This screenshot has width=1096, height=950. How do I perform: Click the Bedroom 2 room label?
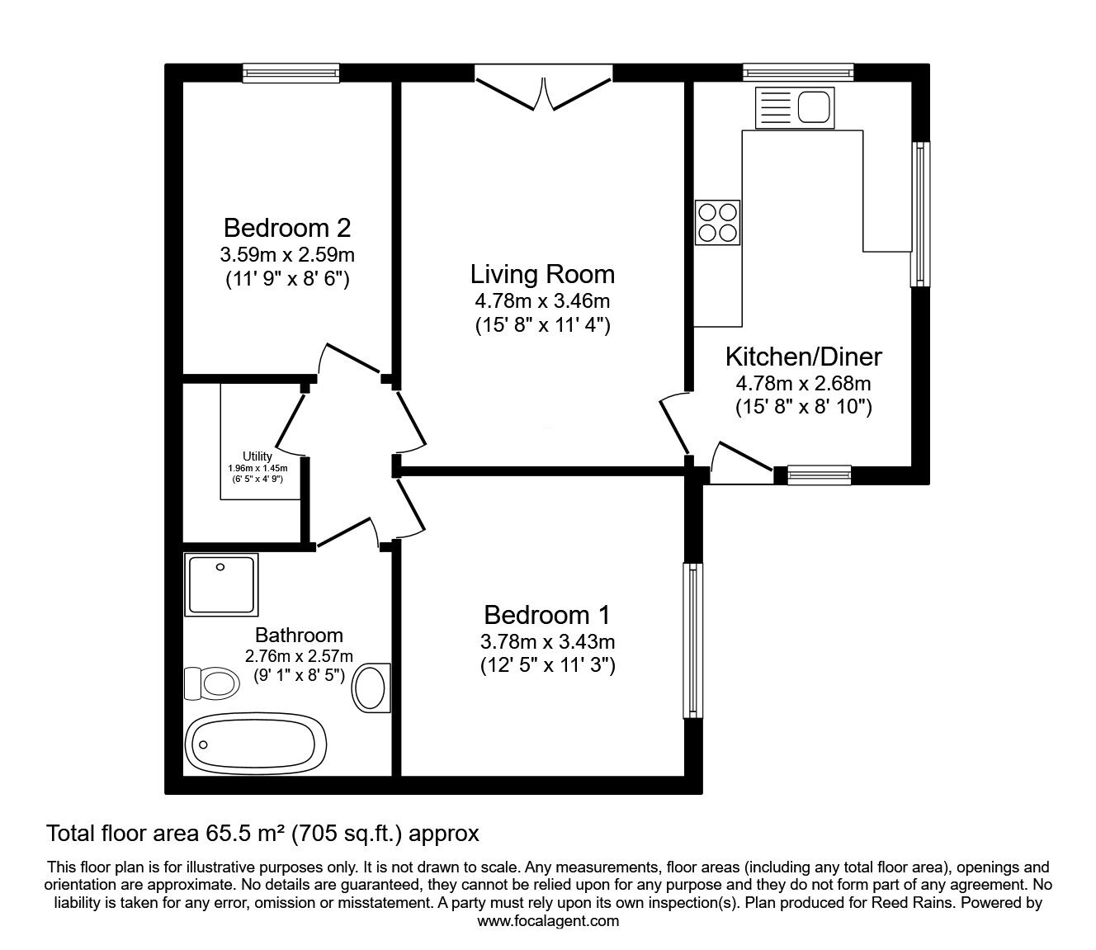[287, 227]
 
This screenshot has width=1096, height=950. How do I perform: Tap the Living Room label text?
[542, 274]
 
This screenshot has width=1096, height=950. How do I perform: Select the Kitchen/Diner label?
[803, 357]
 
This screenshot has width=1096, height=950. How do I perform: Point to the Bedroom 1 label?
[547, 615]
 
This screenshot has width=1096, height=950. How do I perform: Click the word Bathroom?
[299, 636]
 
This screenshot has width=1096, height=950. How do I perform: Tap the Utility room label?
[257, 456]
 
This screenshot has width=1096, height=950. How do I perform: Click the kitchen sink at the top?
[795, 107]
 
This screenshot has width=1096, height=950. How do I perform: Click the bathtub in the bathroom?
[257, 742]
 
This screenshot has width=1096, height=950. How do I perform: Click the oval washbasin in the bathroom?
[371, 687]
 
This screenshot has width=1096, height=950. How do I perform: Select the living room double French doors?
[543, 89]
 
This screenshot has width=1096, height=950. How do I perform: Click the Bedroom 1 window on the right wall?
[692, 640]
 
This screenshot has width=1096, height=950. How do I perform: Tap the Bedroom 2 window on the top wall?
[291, 74]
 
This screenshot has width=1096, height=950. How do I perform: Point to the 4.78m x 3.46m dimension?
[542, 300]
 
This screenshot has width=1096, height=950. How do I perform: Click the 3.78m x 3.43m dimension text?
[547, 641]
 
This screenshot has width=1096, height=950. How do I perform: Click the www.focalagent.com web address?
[548, 920]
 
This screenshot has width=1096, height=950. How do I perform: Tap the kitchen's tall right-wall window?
[919, 215]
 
